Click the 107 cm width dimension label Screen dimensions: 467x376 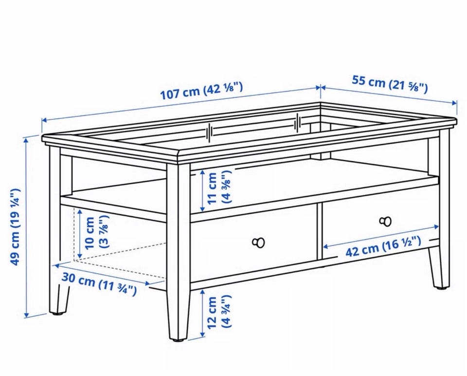tap(201, 91)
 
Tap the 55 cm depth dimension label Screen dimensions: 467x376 tap(390, 84)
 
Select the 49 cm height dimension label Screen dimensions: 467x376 tap(15, 226)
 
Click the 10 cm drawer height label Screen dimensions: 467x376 tap(96, 233)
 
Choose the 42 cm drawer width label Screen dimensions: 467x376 tap(383, 246)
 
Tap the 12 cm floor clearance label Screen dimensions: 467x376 tap(219, 312)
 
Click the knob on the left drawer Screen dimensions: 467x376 tap(258, 243)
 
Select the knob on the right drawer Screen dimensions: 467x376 tap(385, 221)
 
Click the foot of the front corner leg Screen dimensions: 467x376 tap(178, 339)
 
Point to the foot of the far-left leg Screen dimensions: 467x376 tap(58, 313)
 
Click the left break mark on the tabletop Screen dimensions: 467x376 tap(210, 132)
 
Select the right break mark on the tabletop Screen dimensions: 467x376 tap(298, 123)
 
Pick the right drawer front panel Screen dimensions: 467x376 tap(380, 222)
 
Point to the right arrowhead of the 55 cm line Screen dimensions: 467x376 tap(454, 103)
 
